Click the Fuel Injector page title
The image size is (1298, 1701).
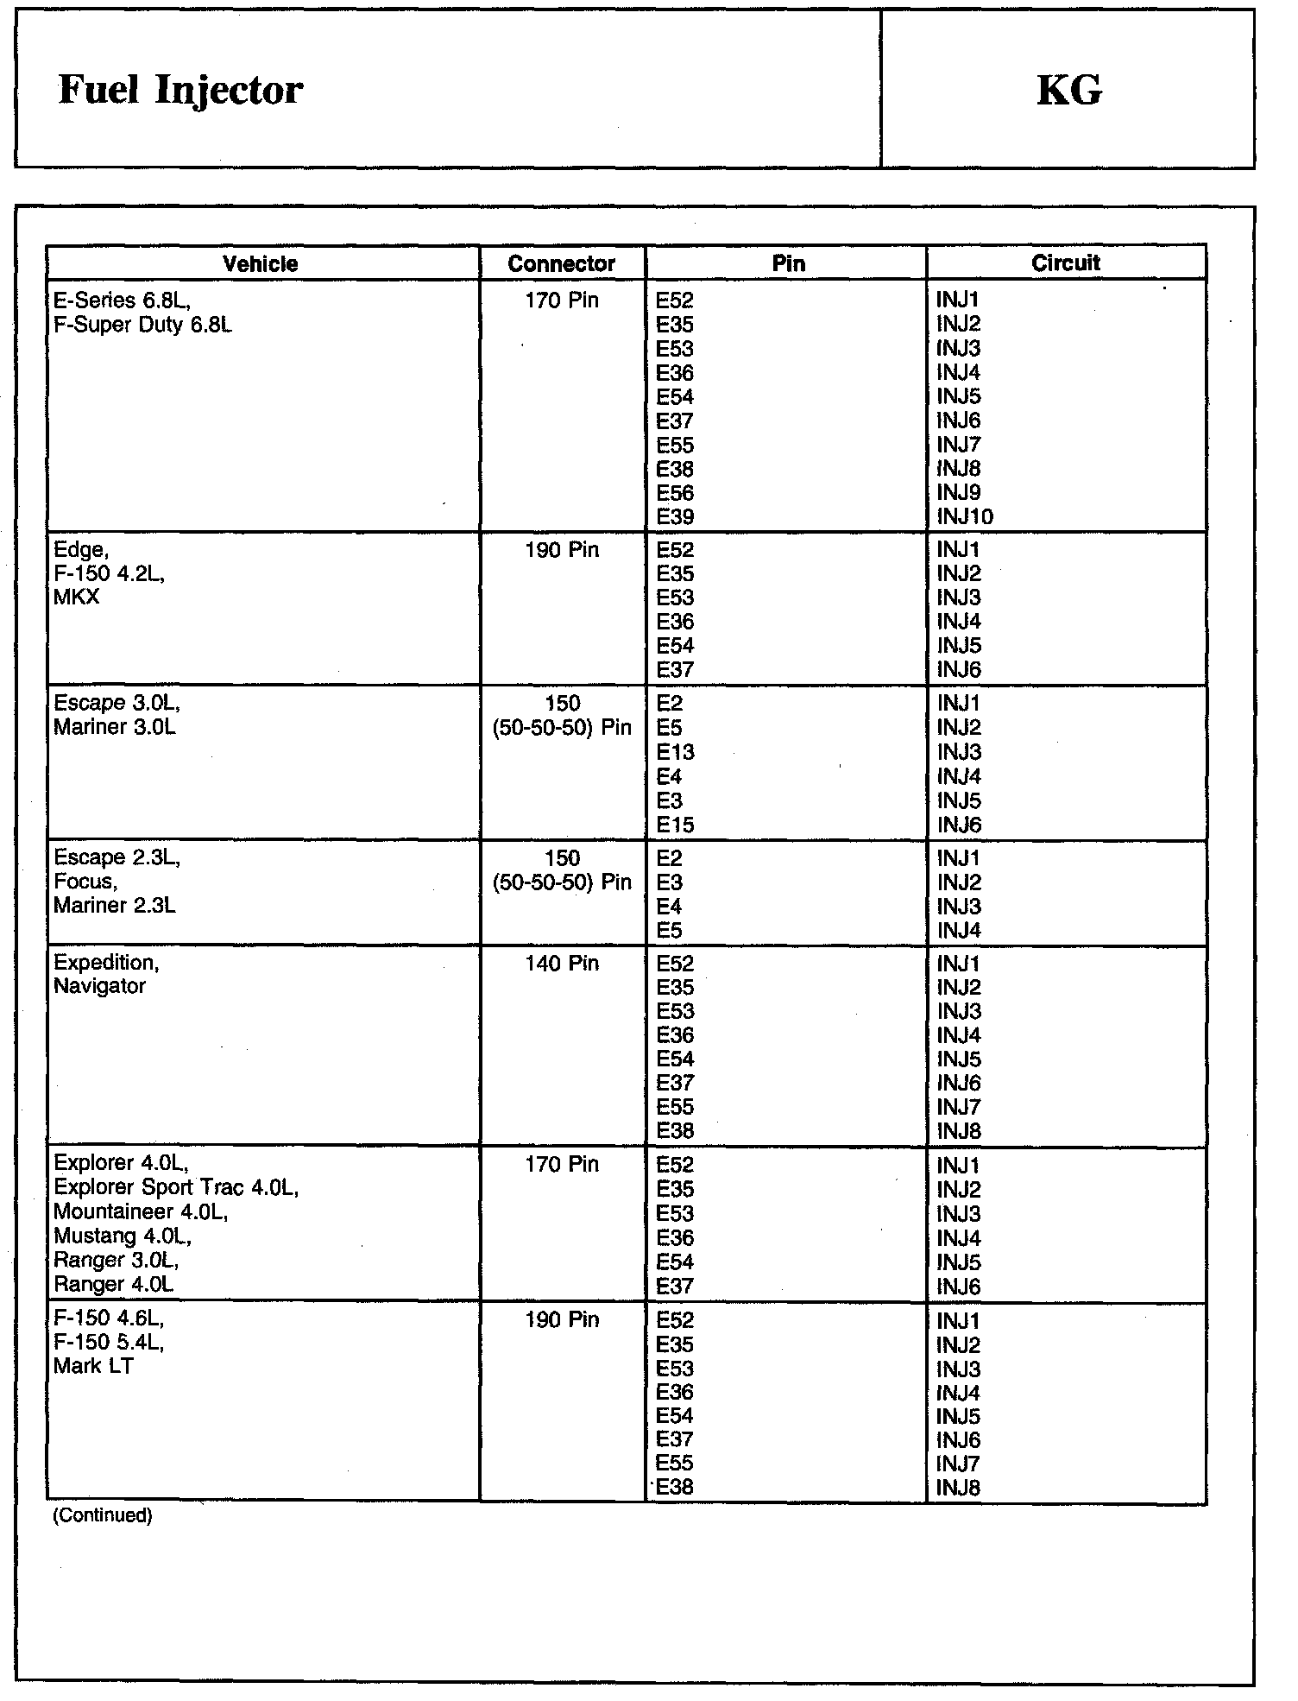(x=180, y=90)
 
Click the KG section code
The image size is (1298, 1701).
(x=1068, y=90)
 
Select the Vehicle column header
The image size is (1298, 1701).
(x=261, y=264)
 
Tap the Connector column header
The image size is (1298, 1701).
(x=562, y=264)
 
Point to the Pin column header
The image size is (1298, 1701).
(x=788, y=264)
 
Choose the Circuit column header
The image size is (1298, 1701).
(x=1066, y=263)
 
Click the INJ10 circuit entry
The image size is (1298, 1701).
(x=965, y=517)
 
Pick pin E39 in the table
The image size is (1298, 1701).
(x=675, y=517)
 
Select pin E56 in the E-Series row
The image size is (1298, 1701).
(x=675, y=493)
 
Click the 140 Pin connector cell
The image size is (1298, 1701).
(x=562, y=964)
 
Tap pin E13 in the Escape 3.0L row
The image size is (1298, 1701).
(x=675, y=752)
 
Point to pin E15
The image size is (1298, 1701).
(x=675, y=825)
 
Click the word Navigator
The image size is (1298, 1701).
(x=99, y=986)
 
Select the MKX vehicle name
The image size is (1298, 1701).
(x=77, y=598)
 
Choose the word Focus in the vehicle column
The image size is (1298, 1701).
(x=84, y=882)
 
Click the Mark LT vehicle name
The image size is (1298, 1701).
(x=93, y=1366)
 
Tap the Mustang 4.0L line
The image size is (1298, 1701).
(x=122, y=1236)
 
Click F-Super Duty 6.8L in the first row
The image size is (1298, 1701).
(x=142, y=326)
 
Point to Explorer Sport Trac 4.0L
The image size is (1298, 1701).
(x=176, y=1188)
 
